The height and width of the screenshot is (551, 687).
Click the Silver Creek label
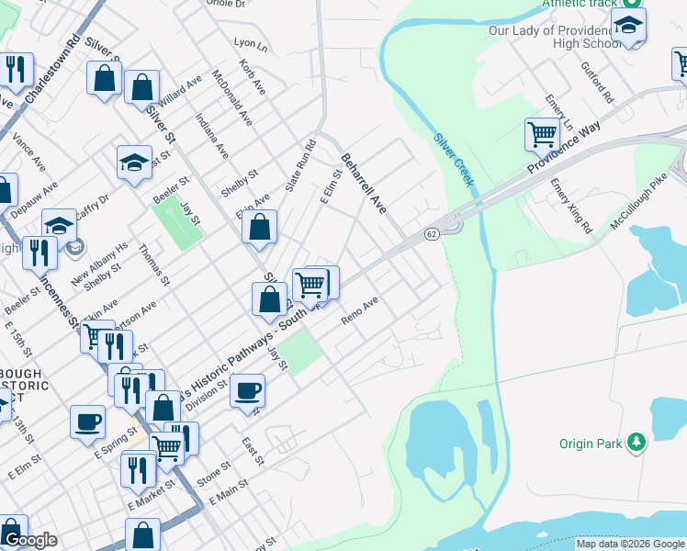tap(455, 157)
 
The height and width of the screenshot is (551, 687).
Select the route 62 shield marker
tap(431, 235)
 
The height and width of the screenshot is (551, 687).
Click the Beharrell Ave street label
tap(364, 183)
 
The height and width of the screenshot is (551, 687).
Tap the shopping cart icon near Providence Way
tap(542, 135)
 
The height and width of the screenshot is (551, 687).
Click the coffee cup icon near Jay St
tap(247, 390)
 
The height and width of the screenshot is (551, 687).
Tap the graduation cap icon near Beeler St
tap(134, 163)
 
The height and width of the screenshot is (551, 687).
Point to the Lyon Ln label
tap(251, 43)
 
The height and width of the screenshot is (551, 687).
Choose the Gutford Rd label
tap(597, 83)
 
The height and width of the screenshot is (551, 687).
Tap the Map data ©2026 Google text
tap(630, 544)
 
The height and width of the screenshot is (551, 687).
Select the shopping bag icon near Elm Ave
tap(260, 226)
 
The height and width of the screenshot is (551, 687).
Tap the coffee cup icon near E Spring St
tap(87, 422)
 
